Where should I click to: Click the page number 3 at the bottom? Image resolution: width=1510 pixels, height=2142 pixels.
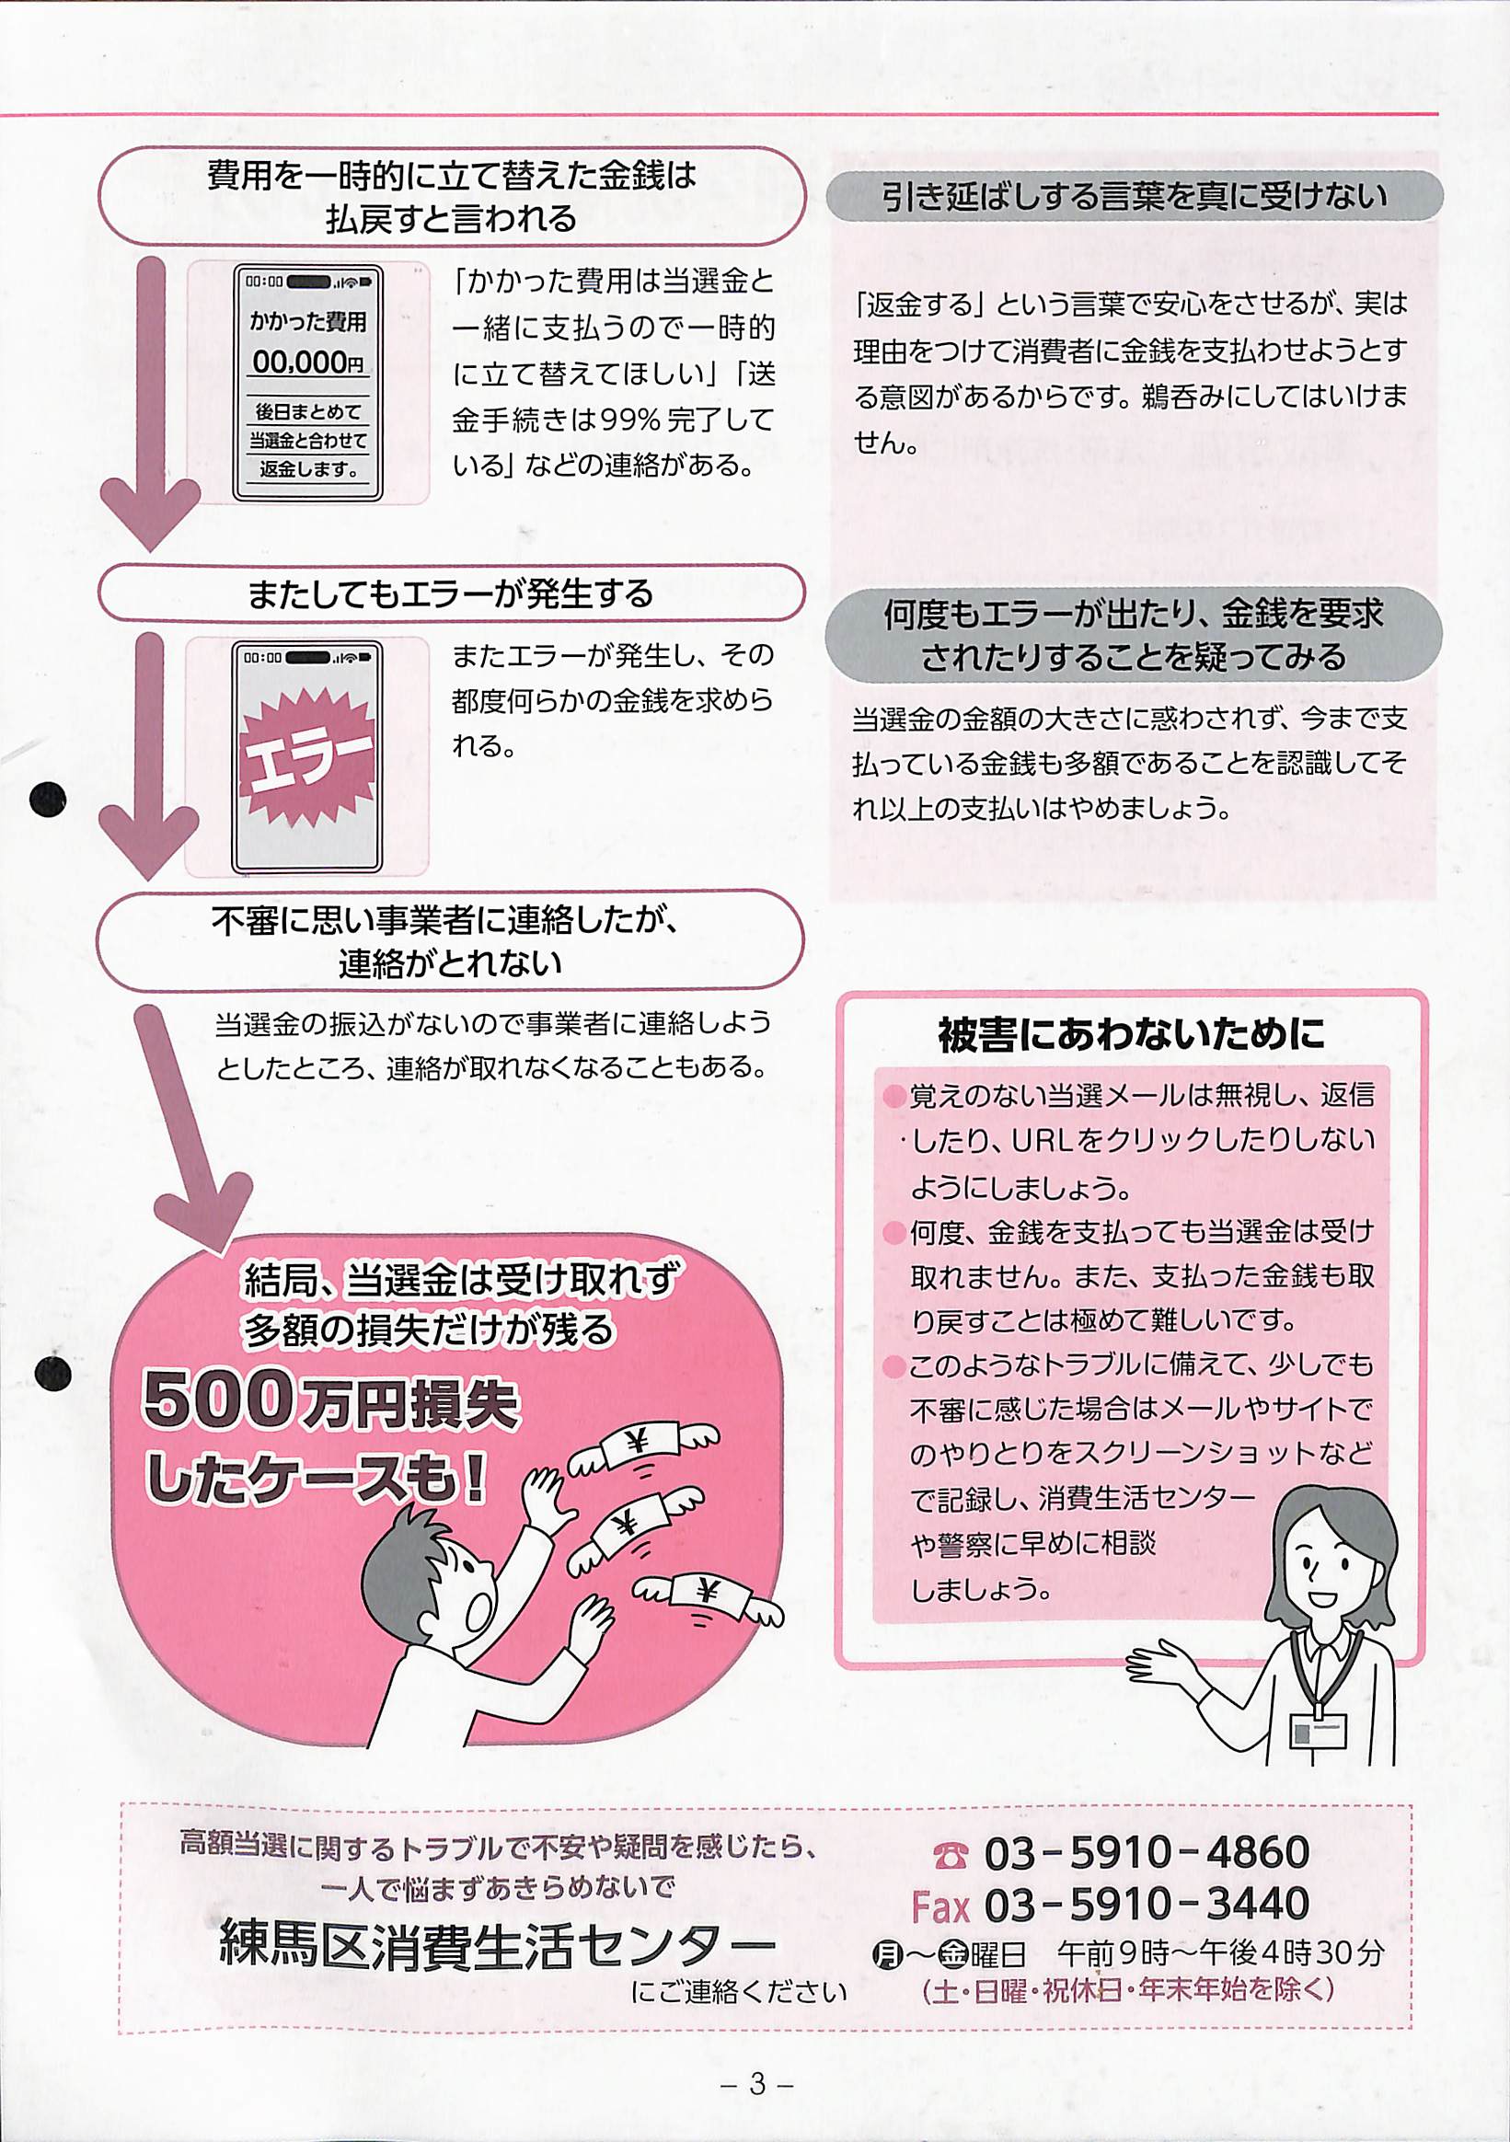(757, 2084)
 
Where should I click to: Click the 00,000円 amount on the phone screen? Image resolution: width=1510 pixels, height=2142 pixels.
(307, 362)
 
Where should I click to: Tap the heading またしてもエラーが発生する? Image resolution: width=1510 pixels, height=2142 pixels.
(451, 593)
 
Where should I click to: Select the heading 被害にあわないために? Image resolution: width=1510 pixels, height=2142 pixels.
(1131, 1034)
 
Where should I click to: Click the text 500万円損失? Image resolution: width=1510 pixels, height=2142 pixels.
(329, 1401)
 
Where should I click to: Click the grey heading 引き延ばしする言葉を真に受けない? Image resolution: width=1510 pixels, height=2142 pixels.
(1134, 196)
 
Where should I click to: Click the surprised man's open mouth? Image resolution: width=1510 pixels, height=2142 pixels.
(481, 1607)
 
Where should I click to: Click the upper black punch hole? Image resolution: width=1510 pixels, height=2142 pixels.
(48, 800)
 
